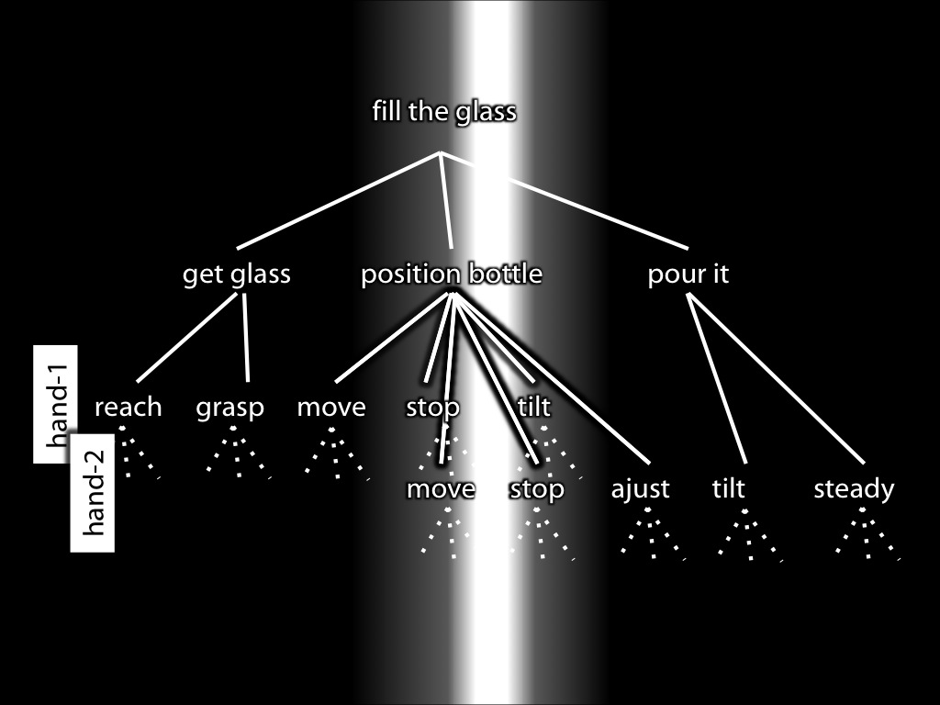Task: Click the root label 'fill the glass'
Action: [x=444, y=112]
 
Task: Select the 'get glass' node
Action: [x=237, y=274]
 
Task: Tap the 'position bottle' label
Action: [x=452, y=274]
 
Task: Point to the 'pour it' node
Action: [x=688, y=274]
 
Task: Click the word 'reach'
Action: [x=129, y=407]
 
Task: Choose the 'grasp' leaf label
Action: [x=230, y=408]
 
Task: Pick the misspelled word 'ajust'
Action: [x=640, y=489]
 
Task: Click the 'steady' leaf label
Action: [x=854, y=490]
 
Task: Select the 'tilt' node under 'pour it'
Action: [x=728, y=488]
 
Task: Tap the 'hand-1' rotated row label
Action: [x=55, y=404]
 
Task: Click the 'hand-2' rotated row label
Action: [x=93, y=493]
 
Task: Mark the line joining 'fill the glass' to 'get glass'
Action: [x=339, y=200]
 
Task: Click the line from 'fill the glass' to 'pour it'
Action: [x=565, y=200]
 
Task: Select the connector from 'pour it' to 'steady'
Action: [x=777, y=379]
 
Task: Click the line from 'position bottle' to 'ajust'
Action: [x=552, y=379]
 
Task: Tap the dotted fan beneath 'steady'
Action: [x=867, y=533]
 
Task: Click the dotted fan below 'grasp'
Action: [x=238, y=453]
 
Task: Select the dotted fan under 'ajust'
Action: [x=653, y=533]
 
